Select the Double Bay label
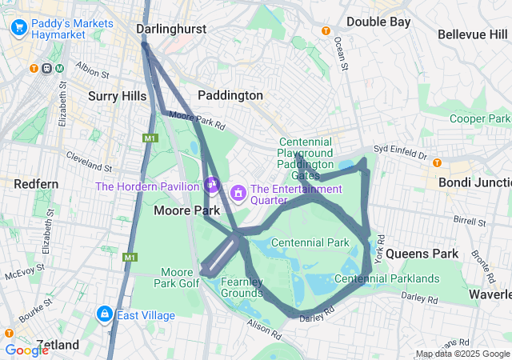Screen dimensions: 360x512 [x=378, y=22]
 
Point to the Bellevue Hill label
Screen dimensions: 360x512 [x=473, y=34]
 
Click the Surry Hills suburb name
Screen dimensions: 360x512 [x=117, y=96]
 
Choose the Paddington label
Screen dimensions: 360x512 [x=230, y=95]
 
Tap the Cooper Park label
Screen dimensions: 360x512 [x=479, y=118]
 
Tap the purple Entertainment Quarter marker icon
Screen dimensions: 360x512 [x=238, y=193]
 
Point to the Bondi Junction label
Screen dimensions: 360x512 [x=474, y=182]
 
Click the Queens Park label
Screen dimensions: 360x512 [x=422, y=254]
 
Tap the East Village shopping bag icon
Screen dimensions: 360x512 [x=103, y=314]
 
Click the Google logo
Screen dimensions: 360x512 [x=26, y=350]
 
